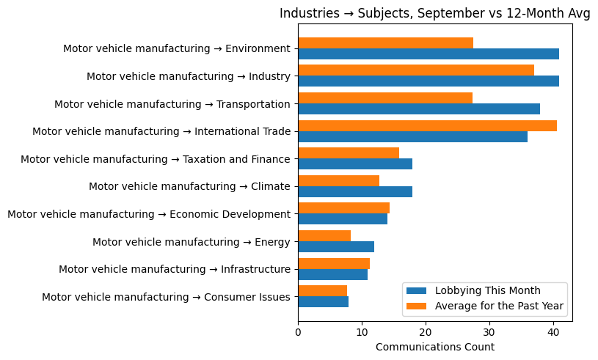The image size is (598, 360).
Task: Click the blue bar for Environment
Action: (429, 54)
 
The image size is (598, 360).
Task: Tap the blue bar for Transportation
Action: (419, 109)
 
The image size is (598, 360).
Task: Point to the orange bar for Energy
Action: (324, 236)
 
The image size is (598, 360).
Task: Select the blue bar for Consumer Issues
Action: (324, 302)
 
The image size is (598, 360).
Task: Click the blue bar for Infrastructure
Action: (333, 274)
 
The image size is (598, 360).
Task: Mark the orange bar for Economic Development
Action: (344, 208)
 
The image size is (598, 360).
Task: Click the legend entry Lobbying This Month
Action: (487, 290)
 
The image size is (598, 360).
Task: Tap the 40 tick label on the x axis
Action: (553, 332)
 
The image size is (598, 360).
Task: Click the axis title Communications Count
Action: (435, 347)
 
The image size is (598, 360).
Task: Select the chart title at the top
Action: (435, 14)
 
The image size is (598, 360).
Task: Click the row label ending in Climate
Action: (189, 186)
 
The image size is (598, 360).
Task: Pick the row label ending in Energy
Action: (192, 242)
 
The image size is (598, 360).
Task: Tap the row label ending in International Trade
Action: (161, 131)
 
